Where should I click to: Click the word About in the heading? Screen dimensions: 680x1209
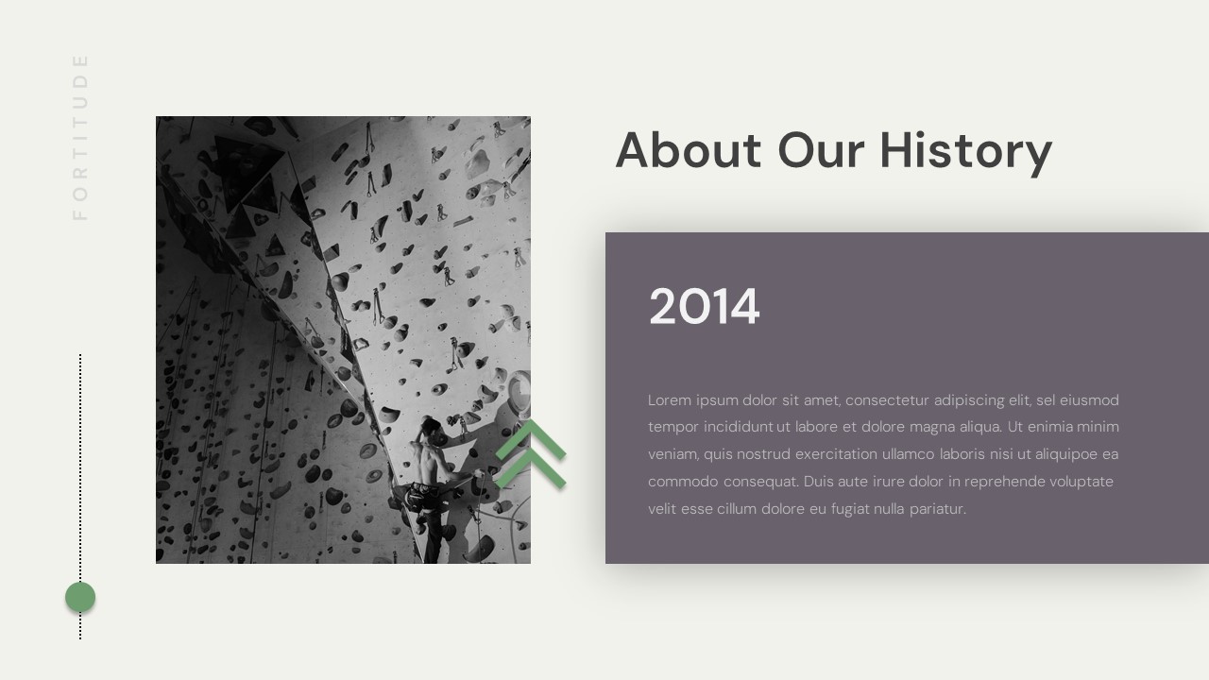point(688,150)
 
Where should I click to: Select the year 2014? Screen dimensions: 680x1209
point(704,307)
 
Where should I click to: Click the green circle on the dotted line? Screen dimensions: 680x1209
point(80,597)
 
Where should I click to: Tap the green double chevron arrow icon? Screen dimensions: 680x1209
point(531,454)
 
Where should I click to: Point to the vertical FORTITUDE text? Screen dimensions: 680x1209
point(80,137)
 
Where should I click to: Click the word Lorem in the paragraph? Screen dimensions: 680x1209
point(669,400)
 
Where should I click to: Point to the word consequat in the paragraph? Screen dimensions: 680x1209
point(761,482)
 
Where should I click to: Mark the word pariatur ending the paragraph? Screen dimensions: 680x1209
point(938,509)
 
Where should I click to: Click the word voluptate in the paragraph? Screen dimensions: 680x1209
point(1084,482)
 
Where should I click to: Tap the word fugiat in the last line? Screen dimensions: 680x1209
point(847,509)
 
